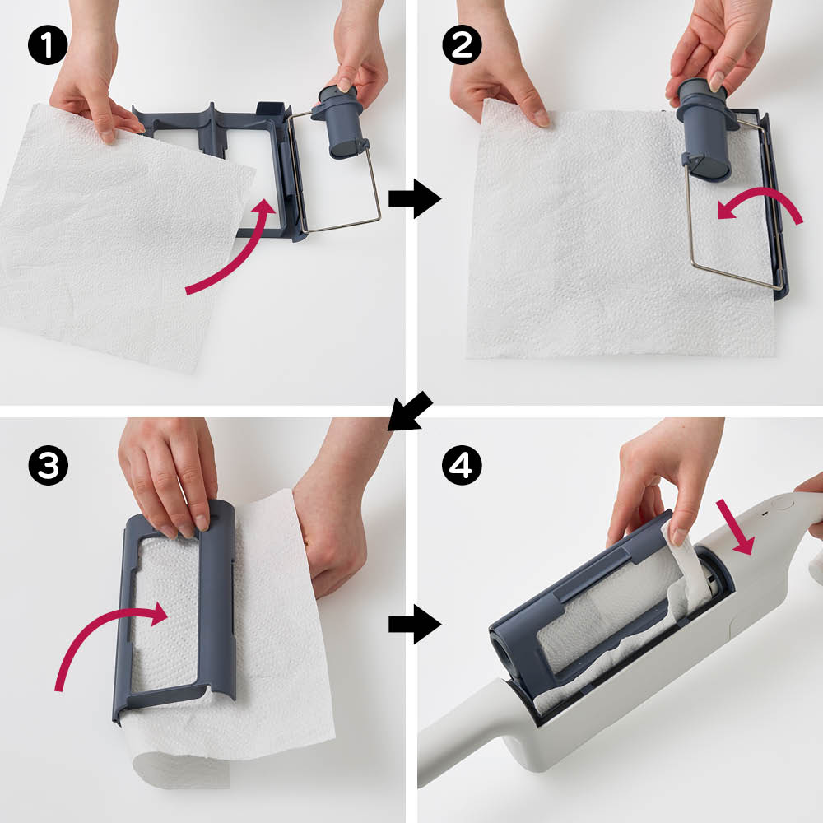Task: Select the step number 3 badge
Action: coord(49,465)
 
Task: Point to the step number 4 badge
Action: coord(462,465)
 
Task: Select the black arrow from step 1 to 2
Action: coord(415,198)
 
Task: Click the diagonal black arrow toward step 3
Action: coord(411,411)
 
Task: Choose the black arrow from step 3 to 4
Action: coord(415,624)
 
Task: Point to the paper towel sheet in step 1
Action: coord(121,236)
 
